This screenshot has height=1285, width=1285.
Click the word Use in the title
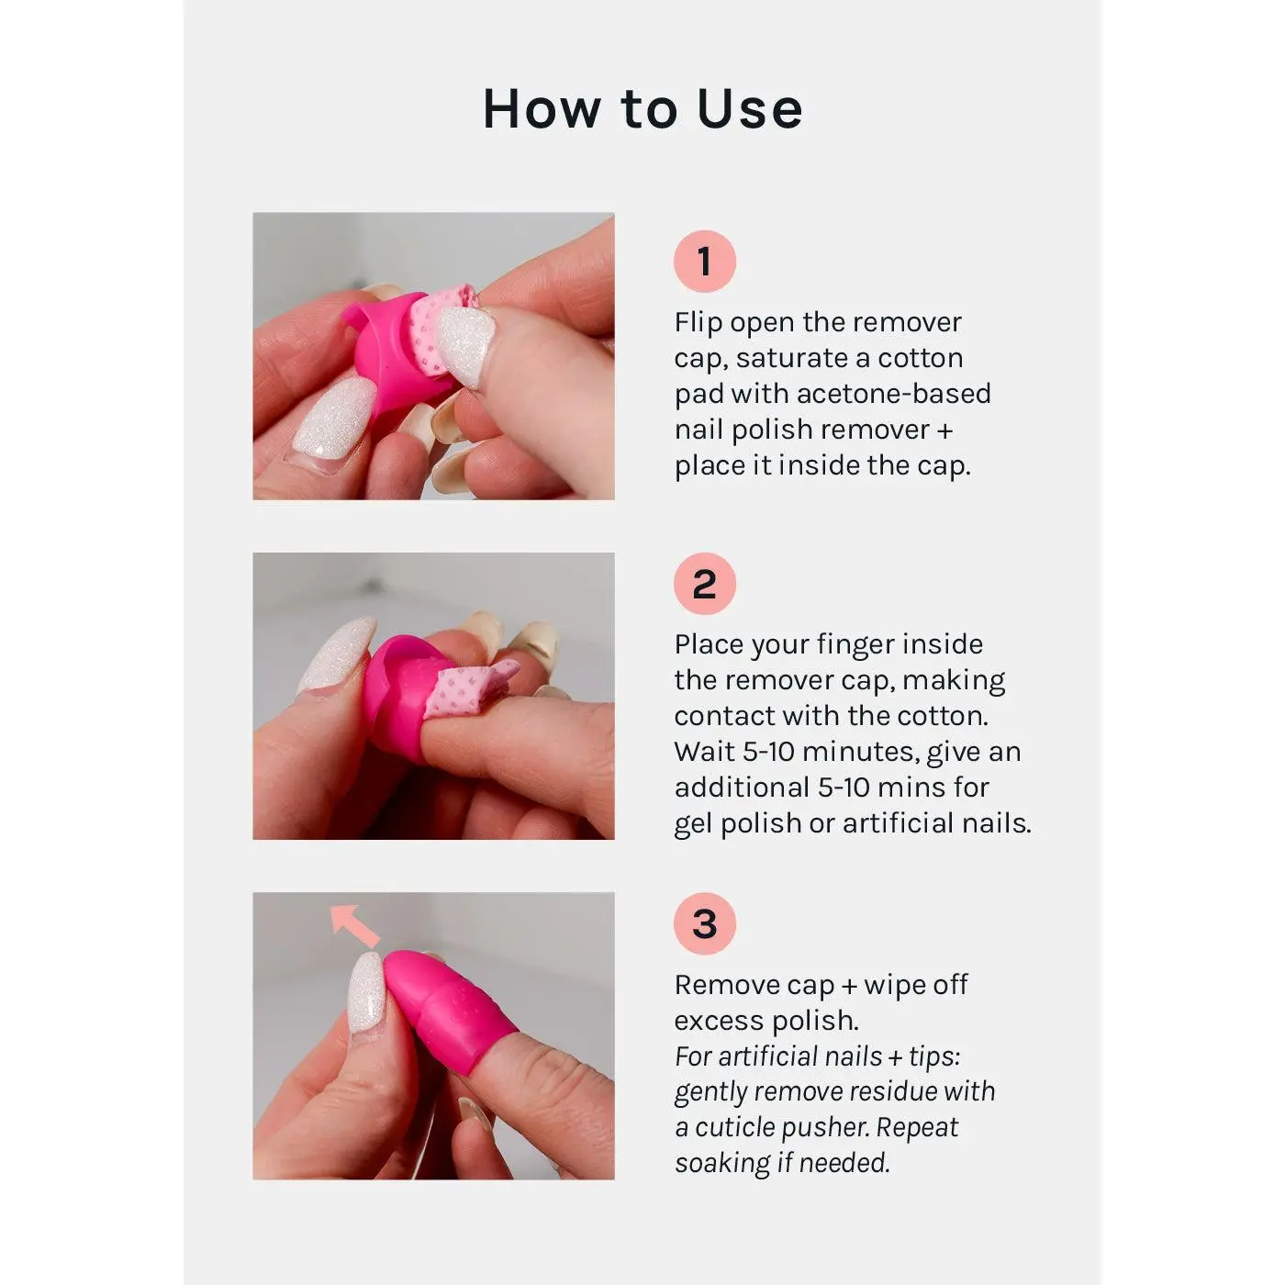coord(750,108)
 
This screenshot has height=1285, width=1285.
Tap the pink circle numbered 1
coord(705,261)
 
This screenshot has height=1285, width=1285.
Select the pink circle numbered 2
coord(705,584)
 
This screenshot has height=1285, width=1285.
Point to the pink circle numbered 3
coord(705,923)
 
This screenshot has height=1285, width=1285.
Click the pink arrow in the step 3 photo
coord(355,925)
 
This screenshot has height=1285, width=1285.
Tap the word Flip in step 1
coord(698,322)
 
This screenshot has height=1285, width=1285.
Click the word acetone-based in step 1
coord(894,394)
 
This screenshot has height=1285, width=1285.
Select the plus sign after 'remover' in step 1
coord(944,430)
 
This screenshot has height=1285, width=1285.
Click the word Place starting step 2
coord(708,644)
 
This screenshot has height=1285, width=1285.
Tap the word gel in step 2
coord(693,824)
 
